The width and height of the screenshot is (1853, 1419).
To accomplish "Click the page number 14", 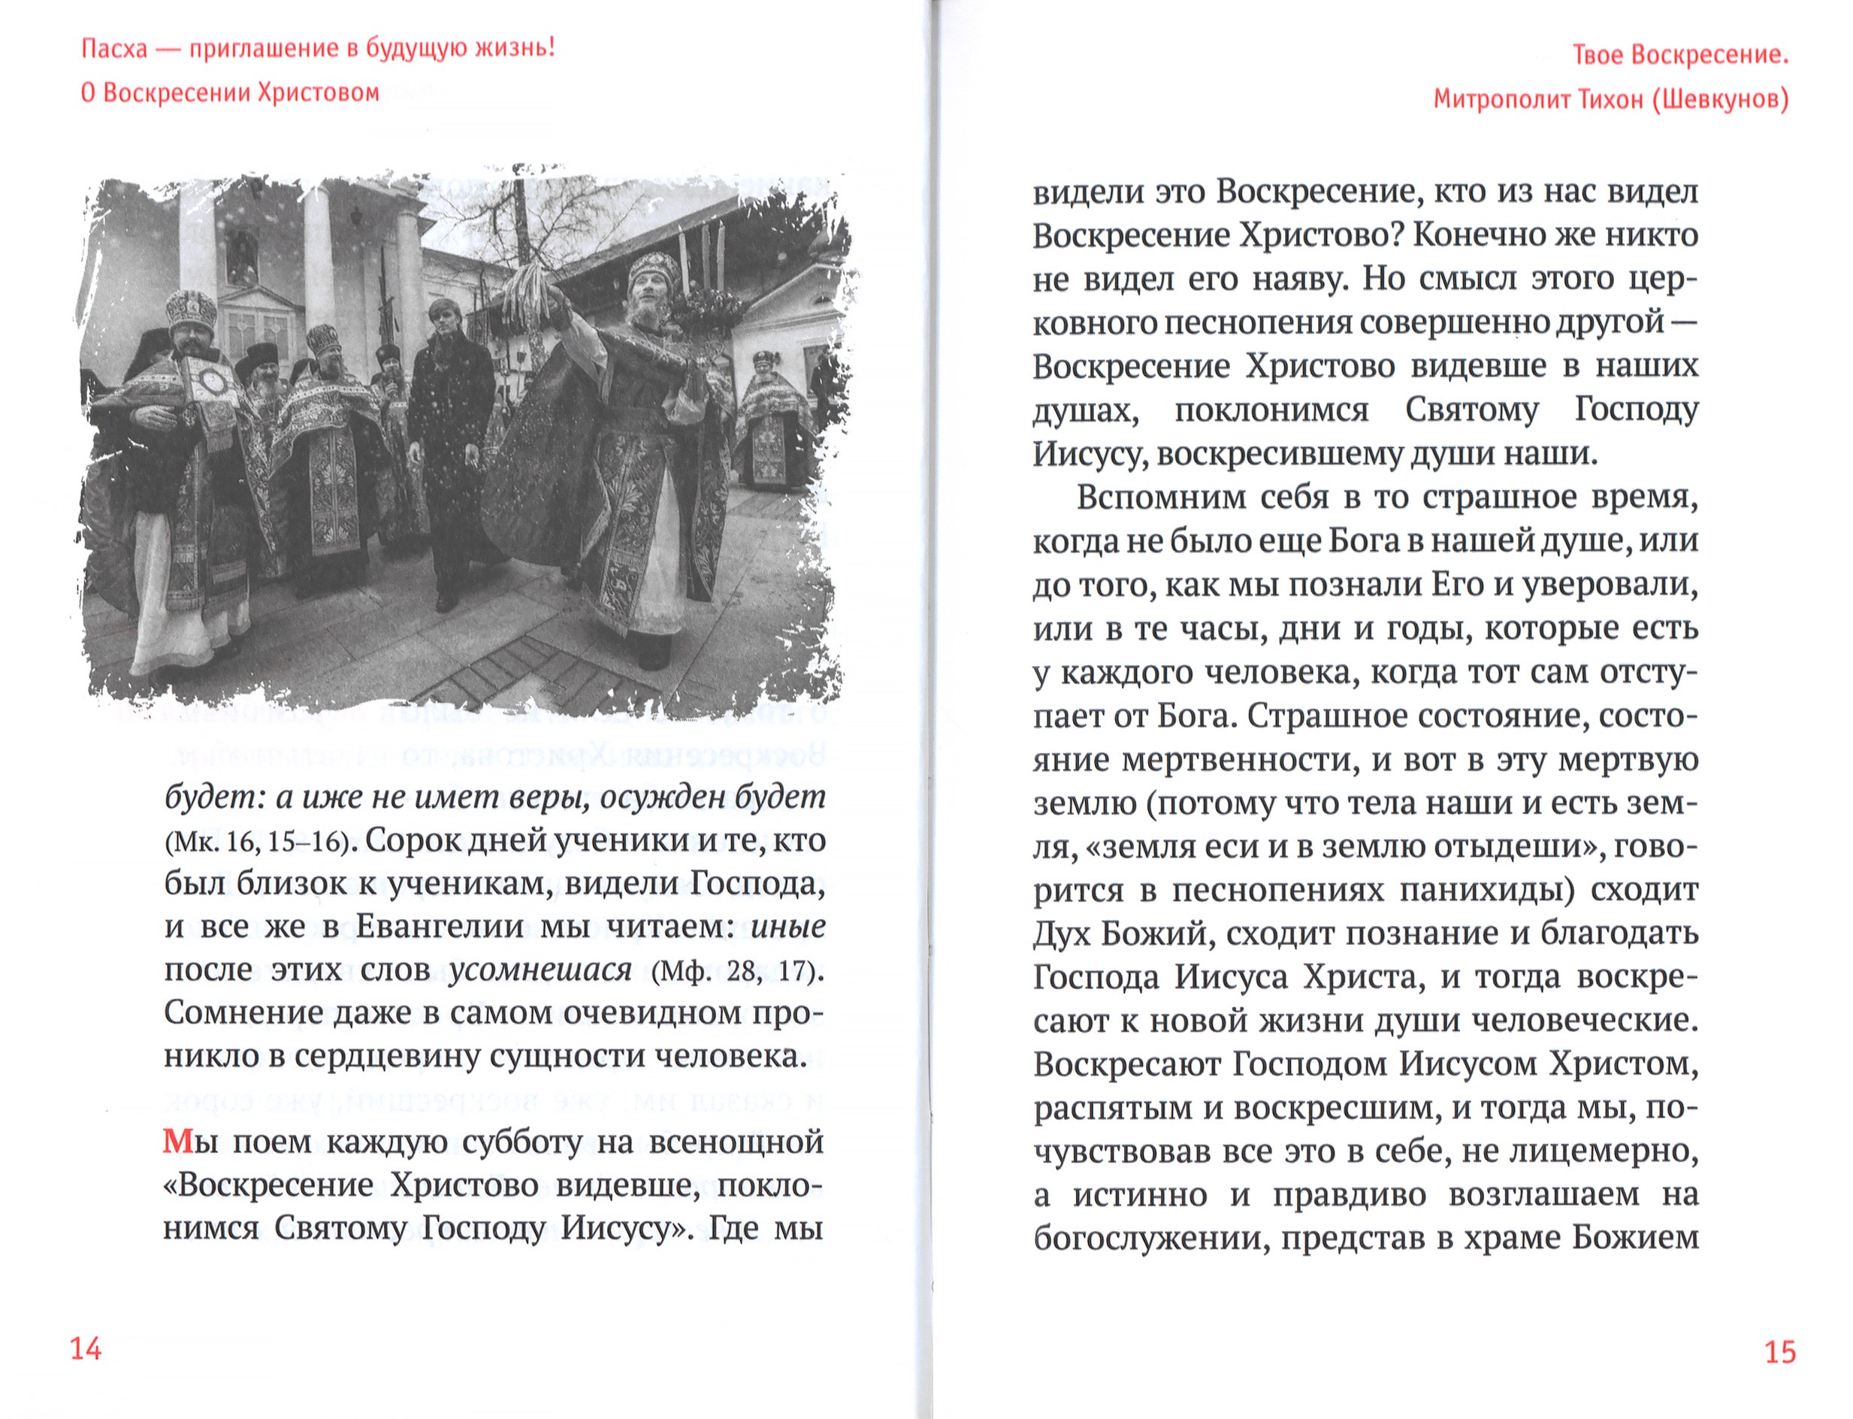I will coord(86,1349).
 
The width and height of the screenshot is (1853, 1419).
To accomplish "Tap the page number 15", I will coord(1779,1352).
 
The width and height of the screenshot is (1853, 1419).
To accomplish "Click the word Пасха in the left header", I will coord(114,48).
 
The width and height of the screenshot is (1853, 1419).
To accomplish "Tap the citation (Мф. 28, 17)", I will coord(737,970).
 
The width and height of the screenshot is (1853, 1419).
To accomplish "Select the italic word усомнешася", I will coord(540,970).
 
